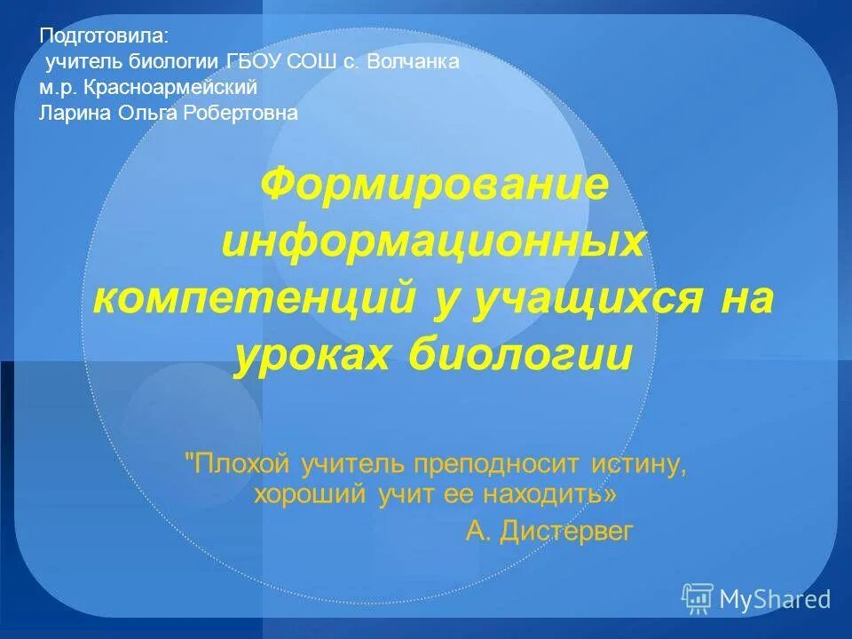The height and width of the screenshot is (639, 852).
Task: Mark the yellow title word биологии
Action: pos(521,355)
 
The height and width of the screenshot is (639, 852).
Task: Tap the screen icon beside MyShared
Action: pos(698,598)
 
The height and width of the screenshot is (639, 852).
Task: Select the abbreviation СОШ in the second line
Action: pos(322,62)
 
